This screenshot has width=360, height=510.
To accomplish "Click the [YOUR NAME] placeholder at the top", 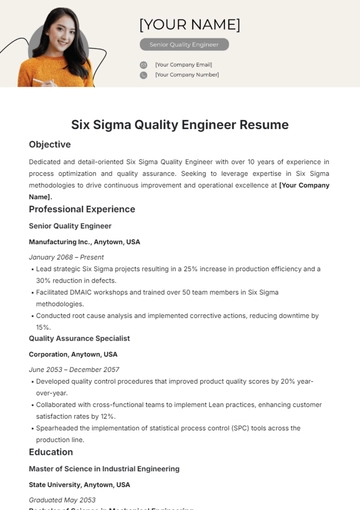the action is [189, 24].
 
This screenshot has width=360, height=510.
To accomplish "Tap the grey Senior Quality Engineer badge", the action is [184, 45].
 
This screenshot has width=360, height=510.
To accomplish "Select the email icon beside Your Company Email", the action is [144, 64].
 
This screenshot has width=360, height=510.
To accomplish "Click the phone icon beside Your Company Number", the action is [144, 74].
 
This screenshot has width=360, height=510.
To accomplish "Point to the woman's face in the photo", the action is [56, 35].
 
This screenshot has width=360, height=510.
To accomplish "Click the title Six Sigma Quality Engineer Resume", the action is [180, 125].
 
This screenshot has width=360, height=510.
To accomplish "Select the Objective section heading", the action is [50, 145].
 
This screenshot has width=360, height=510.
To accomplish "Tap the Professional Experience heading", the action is [82, 210].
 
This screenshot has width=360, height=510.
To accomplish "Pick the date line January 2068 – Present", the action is [65, 257].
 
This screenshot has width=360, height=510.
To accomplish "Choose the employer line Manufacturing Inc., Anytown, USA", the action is [85, 242].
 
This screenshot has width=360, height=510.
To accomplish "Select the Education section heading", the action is [51, 452].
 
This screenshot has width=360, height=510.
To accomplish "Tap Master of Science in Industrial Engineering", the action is [105, 468].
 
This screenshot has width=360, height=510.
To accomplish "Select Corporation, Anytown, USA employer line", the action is [73, 354].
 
